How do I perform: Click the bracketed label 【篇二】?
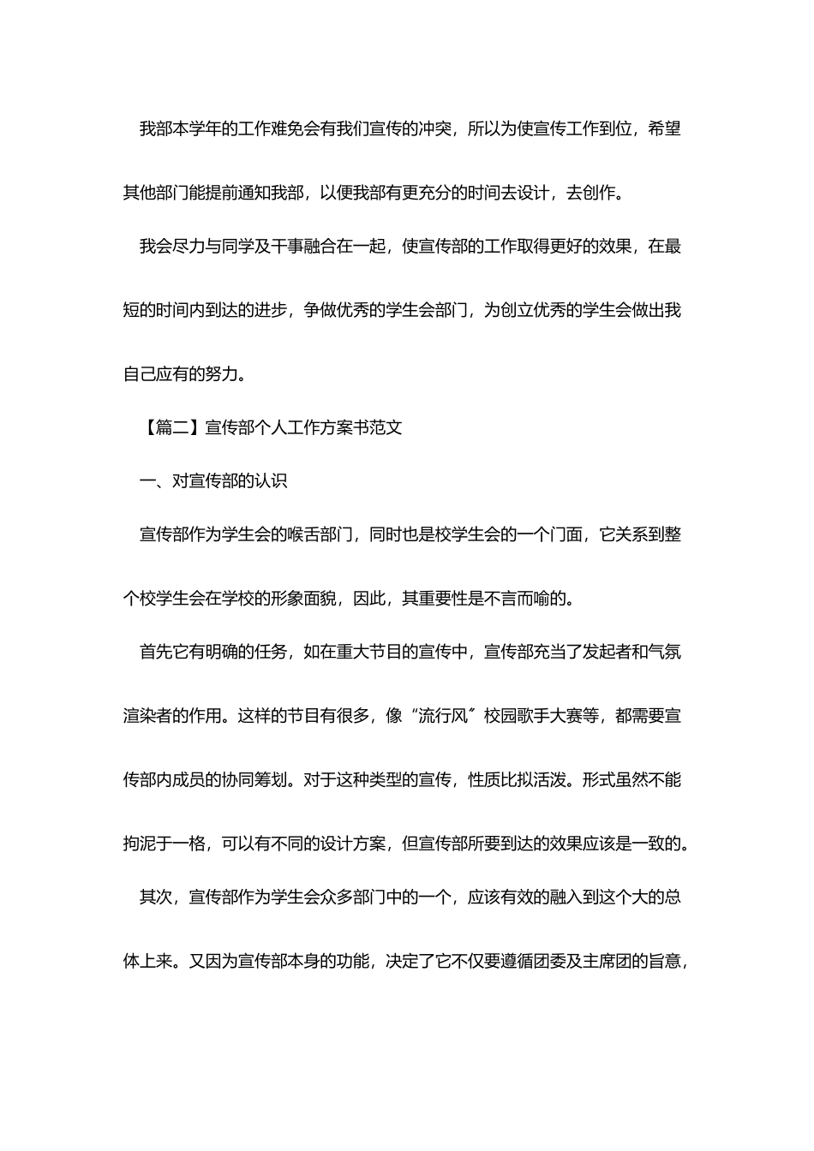tap(171, 427)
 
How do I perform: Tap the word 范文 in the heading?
tap(386, 427)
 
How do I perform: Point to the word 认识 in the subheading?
tap(270, 481)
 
